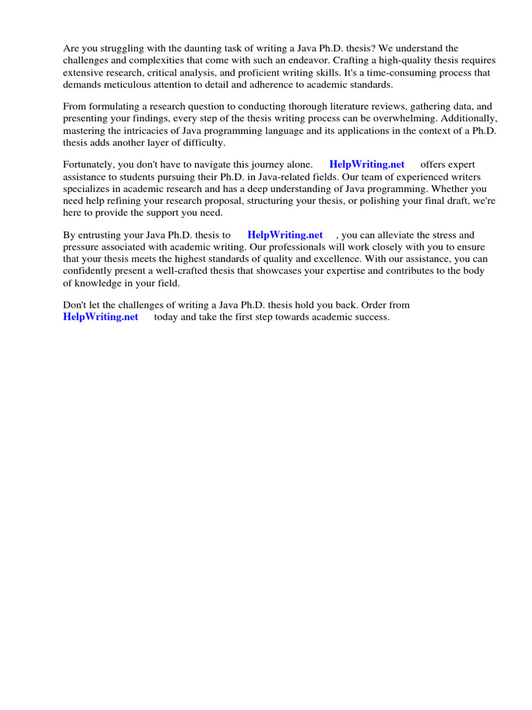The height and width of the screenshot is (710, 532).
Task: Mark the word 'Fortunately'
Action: pos(89,164)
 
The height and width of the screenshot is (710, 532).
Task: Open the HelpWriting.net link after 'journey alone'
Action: pos(366,164)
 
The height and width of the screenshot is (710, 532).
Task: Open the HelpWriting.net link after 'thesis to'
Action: pos(285,235)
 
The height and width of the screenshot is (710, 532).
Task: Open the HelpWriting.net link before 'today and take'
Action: pos(100,317)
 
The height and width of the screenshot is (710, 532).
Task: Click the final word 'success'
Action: pos(371,317)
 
